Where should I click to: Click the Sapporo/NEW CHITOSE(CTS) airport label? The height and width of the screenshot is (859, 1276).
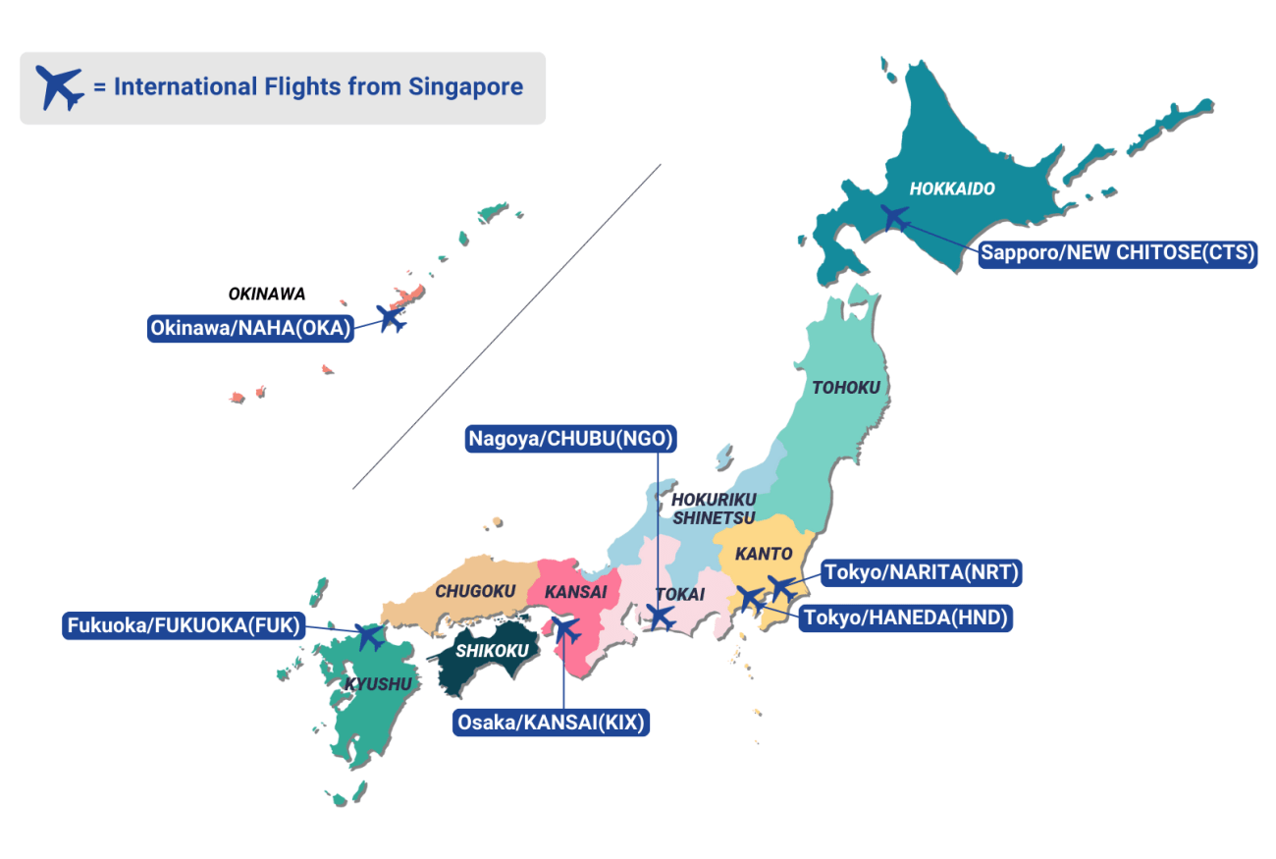tap(1118, 253)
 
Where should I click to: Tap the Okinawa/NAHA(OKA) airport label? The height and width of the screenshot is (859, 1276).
tap(250, 329)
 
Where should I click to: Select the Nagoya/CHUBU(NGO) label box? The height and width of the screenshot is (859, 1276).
tap(571, 438)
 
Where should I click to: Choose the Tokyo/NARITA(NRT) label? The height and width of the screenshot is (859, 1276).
tap(923, 571)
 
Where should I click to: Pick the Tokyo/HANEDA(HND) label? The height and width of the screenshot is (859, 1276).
tap(905, 617)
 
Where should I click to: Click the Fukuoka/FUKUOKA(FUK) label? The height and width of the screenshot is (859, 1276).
tap(185, 625)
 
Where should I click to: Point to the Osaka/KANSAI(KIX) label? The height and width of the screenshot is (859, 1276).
tap(552, 724)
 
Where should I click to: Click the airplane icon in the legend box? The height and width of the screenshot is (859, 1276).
tap(60, 87)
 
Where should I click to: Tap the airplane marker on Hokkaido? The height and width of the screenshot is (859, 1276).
tap(894, 218)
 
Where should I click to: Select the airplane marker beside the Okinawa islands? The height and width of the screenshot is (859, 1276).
tap(392, 318)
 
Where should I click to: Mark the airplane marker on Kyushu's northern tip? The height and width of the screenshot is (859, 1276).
tap(370, 636)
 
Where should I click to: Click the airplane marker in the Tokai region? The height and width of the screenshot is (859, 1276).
tap(661, 617)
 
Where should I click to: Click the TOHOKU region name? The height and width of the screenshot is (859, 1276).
tap(846, 388)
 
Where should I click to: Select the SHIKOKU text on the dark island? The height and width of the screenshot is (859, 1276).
tap(492, 650)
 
